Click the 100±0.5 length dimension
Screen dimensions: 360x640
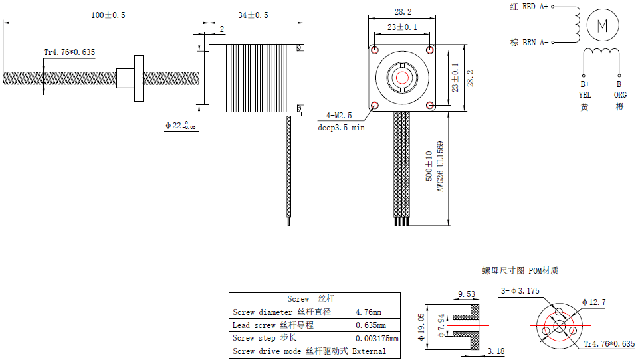[108, 15]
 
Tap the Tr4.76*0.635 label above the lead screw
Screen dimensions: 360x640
[69, 52]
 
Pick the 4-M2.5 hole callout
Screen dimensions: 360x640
[339, 115]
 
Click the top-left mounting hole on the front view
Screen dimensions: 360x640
[375, 50]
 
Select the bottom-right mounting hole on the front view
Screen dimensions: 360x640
[431, 105]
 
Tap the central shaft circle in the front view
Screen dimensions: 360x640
[403, 77]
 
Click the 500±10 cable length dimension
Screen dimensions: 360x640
[429, 166]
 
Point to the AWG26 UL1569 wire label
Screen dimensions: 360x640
[440, 166]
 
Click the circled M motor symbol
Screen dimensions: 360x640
[602, 26]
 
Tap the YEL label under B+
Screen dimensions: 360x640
[584, 95]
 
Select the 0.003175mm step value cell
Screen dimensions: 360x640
[375, 338]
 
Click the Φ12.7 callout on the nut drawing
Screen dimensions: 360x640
[593, 302]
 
